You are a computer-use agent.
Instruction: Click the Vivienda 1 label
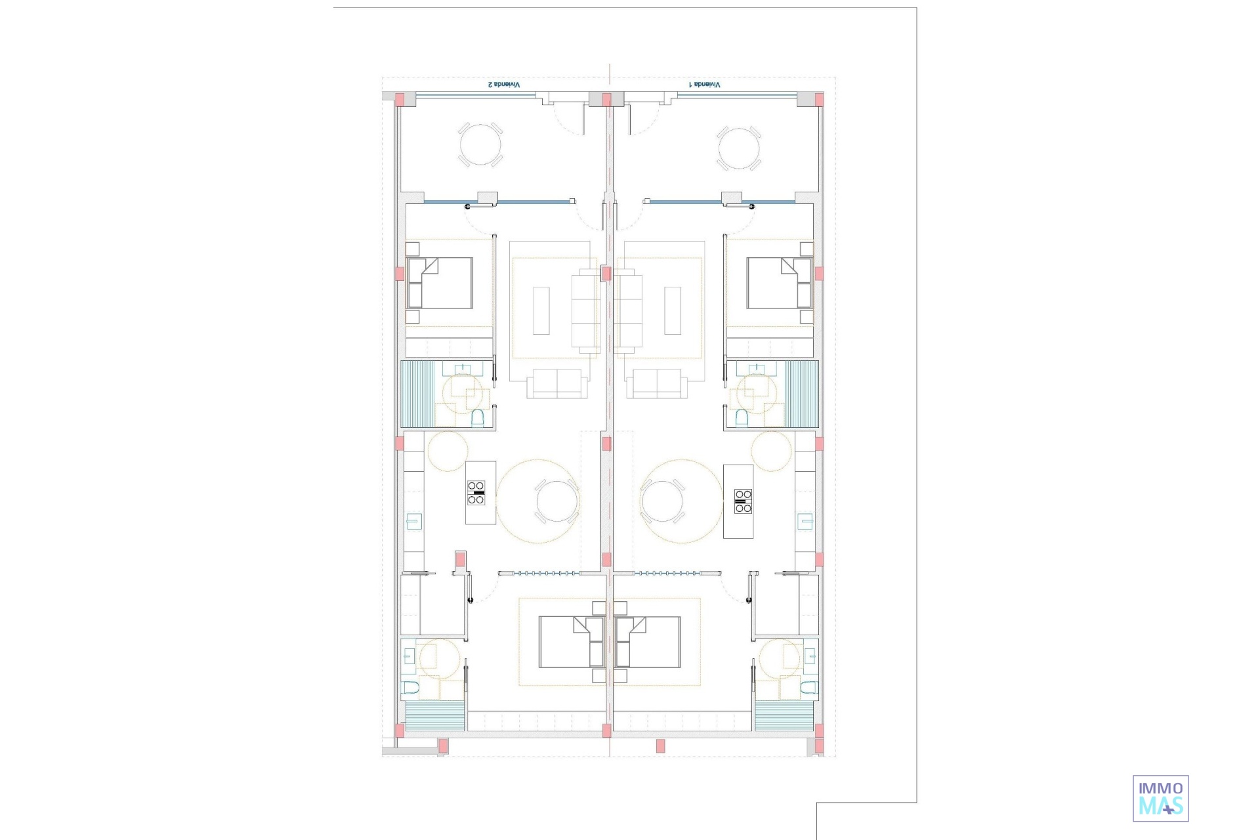click(704, 85)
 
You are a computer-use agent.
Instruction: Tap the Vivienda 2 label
click(503, 85)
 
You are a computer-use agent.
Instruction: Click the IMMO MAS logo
click(1161, 798)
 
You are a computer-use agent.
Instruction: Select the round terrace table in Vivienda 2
click(480, 145)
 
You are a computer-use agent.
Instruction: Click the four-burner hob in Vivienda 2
click(476, 493)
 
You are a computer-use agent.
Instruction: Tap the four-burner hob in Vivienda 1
click(743, 501)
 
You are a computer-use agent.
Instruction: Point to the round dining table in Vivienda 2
click(556, 501)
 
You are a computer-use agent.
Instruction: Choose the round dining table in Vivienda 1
click(662, 501)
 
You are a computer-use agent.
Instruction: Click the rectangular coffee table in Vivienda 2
click(541, 310)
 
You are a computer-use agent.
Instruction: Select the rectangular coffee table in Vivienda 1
click(673, 310)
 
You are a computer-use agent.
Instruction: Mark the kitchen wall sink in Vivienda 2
click(413, 521)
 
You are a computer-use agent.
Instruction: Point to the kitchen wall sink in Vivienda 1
click(805, 521)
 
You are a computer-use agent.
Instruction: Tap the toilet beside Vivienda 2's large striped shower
click(478, 417)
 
